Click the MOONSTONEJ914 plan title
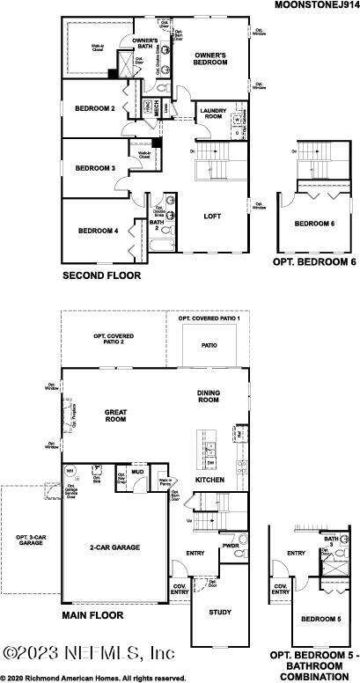tap(313, 5)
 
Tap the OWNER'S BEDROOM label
tap(212, 59)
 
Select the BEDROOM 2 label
tap(96, 109)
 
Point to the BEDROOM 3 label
tap(95, 168)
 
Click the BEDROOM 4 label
tap(99, 231)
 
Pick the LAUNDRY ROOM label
tap(214, 114)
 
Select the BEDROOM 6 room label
tap(314, 224)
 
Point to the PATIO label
tap(209, 346)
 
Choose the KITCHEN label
tap(210, 480)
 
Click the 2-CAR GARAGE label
tap(114, 547)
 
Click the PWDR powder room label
tap(231, 546)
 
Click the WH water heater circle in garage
tap(70, 470)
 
